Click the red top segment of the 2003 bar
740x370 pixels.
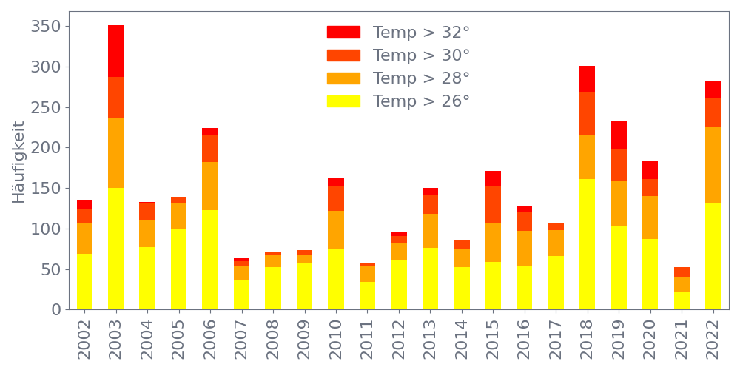tap(115, 51)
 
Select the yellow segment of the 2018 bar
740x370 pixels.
tap(587, 244)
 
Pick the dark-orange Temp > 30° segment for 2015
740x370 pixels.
tap(493, 205)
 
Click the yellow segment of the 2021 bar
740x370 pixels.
tap(682, 300)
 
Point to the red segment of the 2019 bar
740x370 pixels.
tap(619, 135)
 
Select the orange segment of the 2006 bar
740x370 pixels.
tap(210, 186)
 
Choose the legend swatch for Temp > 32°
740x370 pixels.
tap(343, 33)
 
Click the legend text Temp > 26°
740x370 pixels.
tap(421, 101)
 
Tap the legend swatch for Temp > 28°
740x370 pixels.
tap(343, 78)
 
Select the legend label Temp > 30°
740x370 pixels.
tap(421, 55)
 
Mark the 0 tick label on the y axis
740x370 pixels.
tap(56, 310)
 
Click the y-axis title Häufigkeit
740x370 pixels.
tap(18, 161)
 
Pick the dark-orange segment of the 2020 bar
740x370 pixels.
tap(650, 188)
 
